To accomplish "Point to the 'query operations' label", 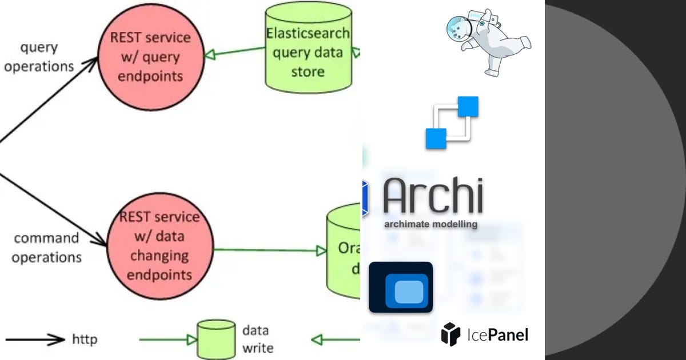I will pyautogui.click(x=39, y=57).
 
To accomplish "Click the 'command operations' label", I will pyautogui.click(x=46, y=247).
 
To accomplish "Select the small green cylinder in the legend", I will pyautogui.click(x=216, y=339).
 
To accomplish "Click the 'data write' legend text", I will pyautogui.click(x=257, y=339).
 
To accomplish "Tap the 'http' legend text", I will pyautogui.click(x=85, y=339).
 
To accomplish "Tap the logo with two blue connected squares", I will pyautogui.click(x=452, y=122).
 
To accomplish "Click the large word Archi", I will pyautogui.click(x=433, y=195).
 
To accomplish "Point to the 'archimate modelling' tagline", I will pyautogui.click(x=430, y=224).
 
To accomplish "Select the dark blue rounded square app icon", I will pyautogui.click(x=401, y=287).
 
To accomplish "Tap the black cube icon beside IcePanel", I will pyautogui.click(x=450, y=334).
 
